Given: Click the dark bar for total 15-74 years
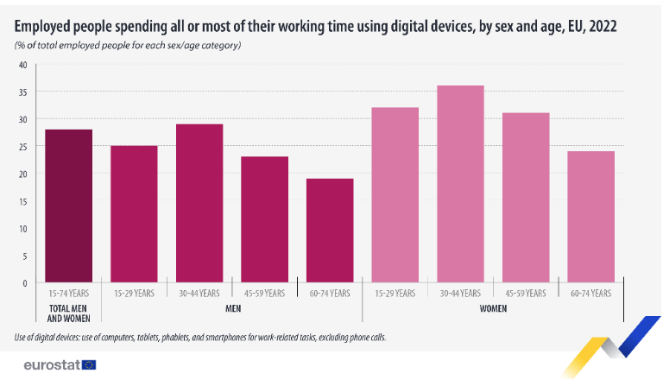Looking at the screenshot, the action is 68,206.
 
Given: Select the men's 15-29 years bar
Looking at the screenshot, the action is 134,214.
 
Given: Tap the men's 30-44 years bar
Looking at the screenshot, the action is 199,203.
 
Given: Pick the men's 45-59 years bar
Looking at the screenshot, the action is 265,219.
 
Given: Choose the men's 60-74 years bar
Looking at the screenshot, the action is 330,231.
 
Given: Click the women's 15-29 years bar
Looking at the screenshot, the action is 395,195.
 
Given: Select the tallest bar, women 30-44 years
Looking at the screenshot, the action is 460,184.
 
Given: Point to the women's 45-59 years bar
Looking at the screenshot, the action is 526,198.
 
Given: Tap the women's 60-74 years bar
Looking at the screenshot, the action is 591,217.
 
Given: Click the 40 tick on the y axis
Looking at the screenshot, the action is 22,65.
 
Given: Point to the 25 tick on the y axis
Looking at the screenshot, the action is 22,147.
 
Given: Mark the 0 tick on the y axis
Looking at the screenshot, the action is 24,283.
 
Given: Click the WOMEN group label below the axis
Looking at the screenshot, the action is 493,308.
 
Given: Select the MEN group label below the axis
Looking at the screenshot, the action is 233,308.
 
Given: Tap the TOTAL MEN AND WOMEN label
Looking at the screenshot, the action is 68,313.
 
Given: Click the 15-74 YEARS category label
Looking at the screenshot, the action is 68,294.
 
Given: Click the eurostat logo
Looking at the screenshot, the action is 60,365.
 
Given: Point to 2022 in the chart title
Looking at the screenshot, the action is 603,26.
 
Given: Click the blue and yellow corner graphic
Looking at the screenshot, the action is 611,346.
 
